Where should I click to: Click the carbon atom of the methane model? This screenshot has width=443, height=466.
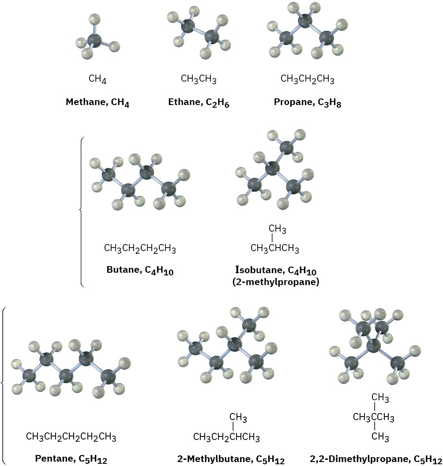[x=94, y=41]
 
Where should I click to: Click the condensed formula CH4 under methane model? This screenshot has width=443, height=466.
[x=98, y=79]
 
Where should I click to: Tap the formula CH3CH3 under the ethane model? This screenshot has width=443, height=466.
[x=199, y=79]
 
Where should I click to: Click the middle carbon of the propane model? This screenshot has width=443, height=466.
[x=304, y=20]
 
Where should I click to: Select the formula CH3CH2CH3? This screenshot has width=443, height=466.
[x=307, y=80]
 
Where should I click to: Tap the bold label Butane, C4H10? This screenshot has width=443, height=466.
[x=140, y=271]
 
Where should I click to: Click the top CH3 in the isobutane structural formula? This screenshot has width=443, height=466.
[x=277, y=229]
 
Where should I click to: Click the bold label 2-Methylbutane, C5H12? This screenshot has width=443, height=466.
[x=231, y=459]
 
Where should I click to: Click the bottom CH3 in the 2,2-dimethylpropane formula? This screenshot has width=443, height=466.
[x=380, y=437]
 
